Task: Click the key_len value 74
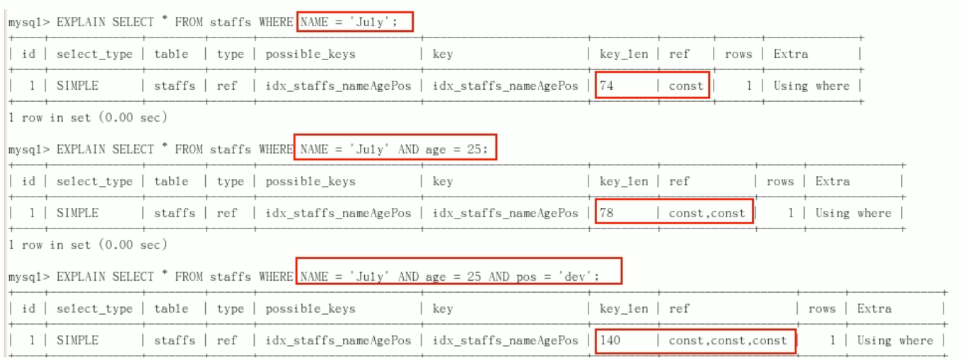pyautogui.click(x=607, y=86)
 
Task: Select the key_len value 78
pyautogui.click(x=607, y=213)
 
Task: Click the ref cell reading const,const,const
pyautogui.click(x=728, y=340)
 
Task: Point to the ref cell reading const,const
pyautogui.click(x=707, y=213)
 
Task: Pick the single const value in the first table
pyautogui.click(x=686, y=86)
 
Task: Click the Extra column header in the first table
pyautogui.click(x=790, y=54)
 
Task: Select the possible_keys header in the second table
pyautogui.click(x=310, y=181)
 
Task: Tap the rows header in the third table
pyautogui.click(x=822, y=308)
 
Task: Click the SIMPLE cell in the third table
pyautogui.click(x=77, y=340)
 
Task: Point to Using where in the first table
pyautogui.click(x=811, y=86)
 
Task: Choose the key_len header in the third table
pyautogui.click(x=624, y=308)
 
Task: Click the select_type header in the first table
pyautogui.click(x=94, y=54)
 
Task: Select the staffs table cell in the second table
pyautogui.click(x=174, y=213)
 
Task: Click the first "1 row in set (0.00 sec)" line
pyautogui.click(x=88, y=117)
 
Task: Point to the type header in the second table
pyautogui.click(x=230, y=181)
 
